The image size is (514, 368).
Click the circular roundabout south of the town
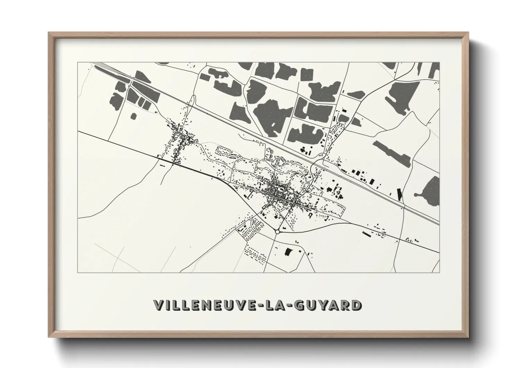tap(277, 231)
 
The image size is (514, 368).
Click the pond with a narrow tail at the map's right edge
tap(430, 188)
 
